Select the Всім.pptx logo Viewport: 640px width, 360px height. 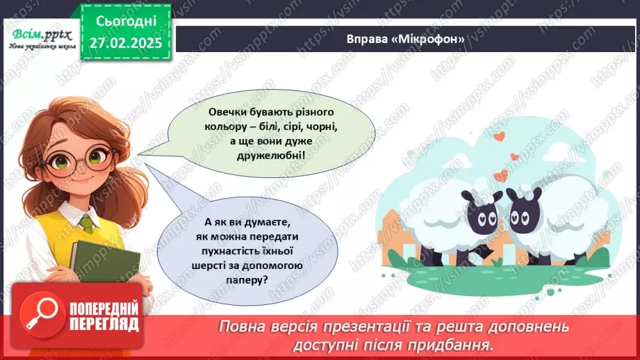[x=38, y=36]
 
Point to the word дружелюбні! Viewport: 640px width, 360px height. [x=255, y=155]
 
